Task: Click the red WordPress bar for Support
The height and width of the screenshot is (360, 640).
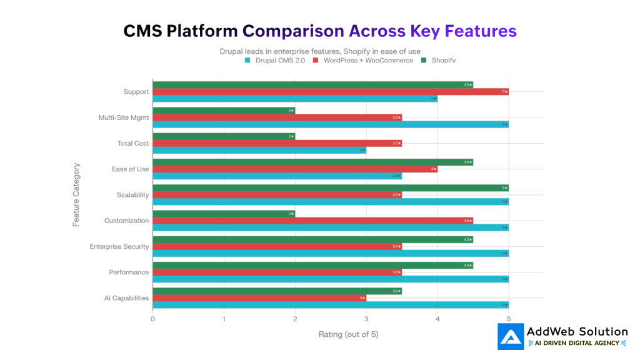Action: pos(330,92)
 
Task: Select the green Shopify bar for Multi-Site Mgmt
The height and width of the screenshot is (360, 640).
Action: pos(224,111)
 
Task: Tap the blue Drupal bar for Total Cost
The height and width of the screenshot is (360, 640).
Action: pos(259,151)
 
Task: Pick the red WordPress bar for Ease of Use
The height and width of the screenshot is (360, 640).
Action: pos(294,169)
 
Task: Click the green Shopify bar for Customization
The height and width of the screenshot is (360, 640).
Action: pos(224,214)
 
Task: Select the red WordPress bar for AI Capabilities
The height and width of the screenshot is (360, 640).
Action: pos(259,298)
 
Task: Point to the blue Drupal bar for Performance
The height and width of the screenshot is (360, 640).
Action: pos(330,279)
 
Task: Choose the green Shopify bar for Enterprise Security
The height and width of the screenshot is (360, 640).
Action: pos(312,239)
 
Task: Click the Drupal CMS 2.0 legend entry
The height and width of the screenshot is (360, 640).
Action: pos(274,61)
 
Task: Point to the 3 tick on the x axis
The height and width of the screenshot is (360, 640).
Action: pos(366,319)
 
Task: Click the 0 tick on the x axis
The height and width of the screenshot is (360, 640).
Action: pos(152,319)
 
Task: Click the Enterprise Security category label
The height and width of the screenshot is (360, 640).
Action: pos(119,247)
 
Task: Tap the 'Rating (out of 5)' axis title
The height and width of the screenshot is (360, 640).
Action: pos(348,334)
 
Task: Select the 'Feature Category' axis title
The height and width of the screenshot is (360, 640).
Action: pos(76,194)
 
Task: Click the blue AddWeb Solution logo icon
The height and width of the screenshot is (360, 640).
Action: pos(511,336)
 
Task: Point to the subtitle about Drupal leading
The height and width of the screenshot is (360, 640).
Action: pos(319,51)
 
